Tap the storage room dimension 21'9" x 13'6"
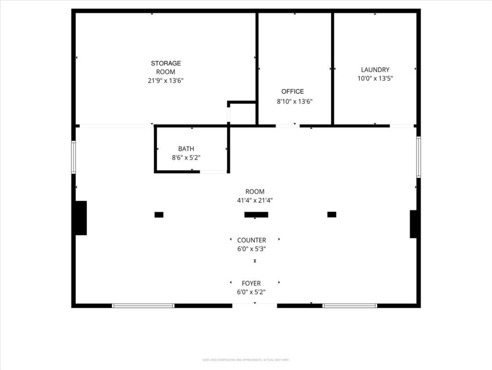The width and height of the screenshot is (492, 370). click(x=166, y=81)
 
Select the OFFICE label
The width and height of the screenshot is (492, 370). click(x=292, y=92)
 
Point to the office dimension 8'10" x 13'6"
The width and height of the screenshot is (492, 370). click(x=295, y=102)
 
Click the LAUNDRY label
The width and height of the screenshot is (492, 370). click(x=375, y=69)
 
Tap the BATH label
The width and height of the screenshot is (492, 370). click(x=186, y=149)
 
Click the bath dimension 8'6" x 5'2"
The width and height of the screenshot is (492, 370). click(x=186, y=158)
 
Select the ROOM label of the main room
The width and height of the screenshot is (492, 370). click(x=255, y=192)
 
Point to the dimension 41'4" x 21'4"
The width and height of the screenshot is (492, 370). click(x=255, y=200)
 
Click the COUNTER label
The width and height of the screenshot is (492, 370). click(x=252, y=240)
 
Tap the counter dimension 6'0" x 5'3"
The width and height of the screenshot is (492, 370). click(x=252, y=249)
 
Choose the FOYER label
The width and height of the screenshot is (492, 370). click(x=252, y=283)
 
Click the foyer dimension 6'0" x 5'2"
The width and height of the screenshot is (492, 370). click(x=252, y=292)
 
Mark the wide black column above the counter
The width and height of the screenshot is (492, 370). click(x=256, y=215)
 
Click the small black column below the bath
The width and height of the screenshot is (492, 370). click(x=159, y=215)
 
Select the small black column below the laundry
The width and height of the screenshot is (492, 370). click(x=331, y=214)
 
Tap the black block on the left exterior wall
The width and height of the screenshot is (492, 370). click(x=81, y=218)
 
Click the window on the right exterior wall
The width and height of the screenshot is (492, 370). click(x=418, y=157)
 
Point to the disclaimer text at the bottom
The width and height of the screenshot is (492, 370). click(x=246, y=360)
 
